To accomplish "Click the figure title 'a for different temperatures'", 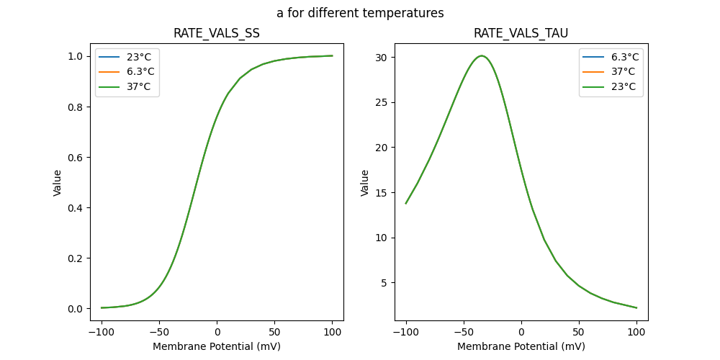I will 360,13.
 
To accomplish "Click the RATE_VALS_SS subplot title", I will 217,33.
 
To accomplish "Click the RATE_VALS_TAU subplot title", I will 521,33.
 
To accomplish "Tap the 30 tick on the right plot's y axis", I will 384,57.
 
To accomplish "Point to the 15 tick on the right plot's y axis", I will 384,192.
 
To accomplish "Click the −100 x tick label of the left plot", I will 101,332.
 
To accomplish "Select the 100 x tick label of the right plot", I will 636,332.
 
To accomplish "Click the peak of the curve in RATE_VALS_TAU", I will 482,55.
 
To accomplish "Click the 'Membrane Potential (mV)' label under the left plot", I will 217,346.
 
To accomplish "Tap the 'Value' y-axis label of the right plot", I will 365,183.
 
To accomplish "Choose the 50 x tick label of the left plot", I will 274,332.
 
